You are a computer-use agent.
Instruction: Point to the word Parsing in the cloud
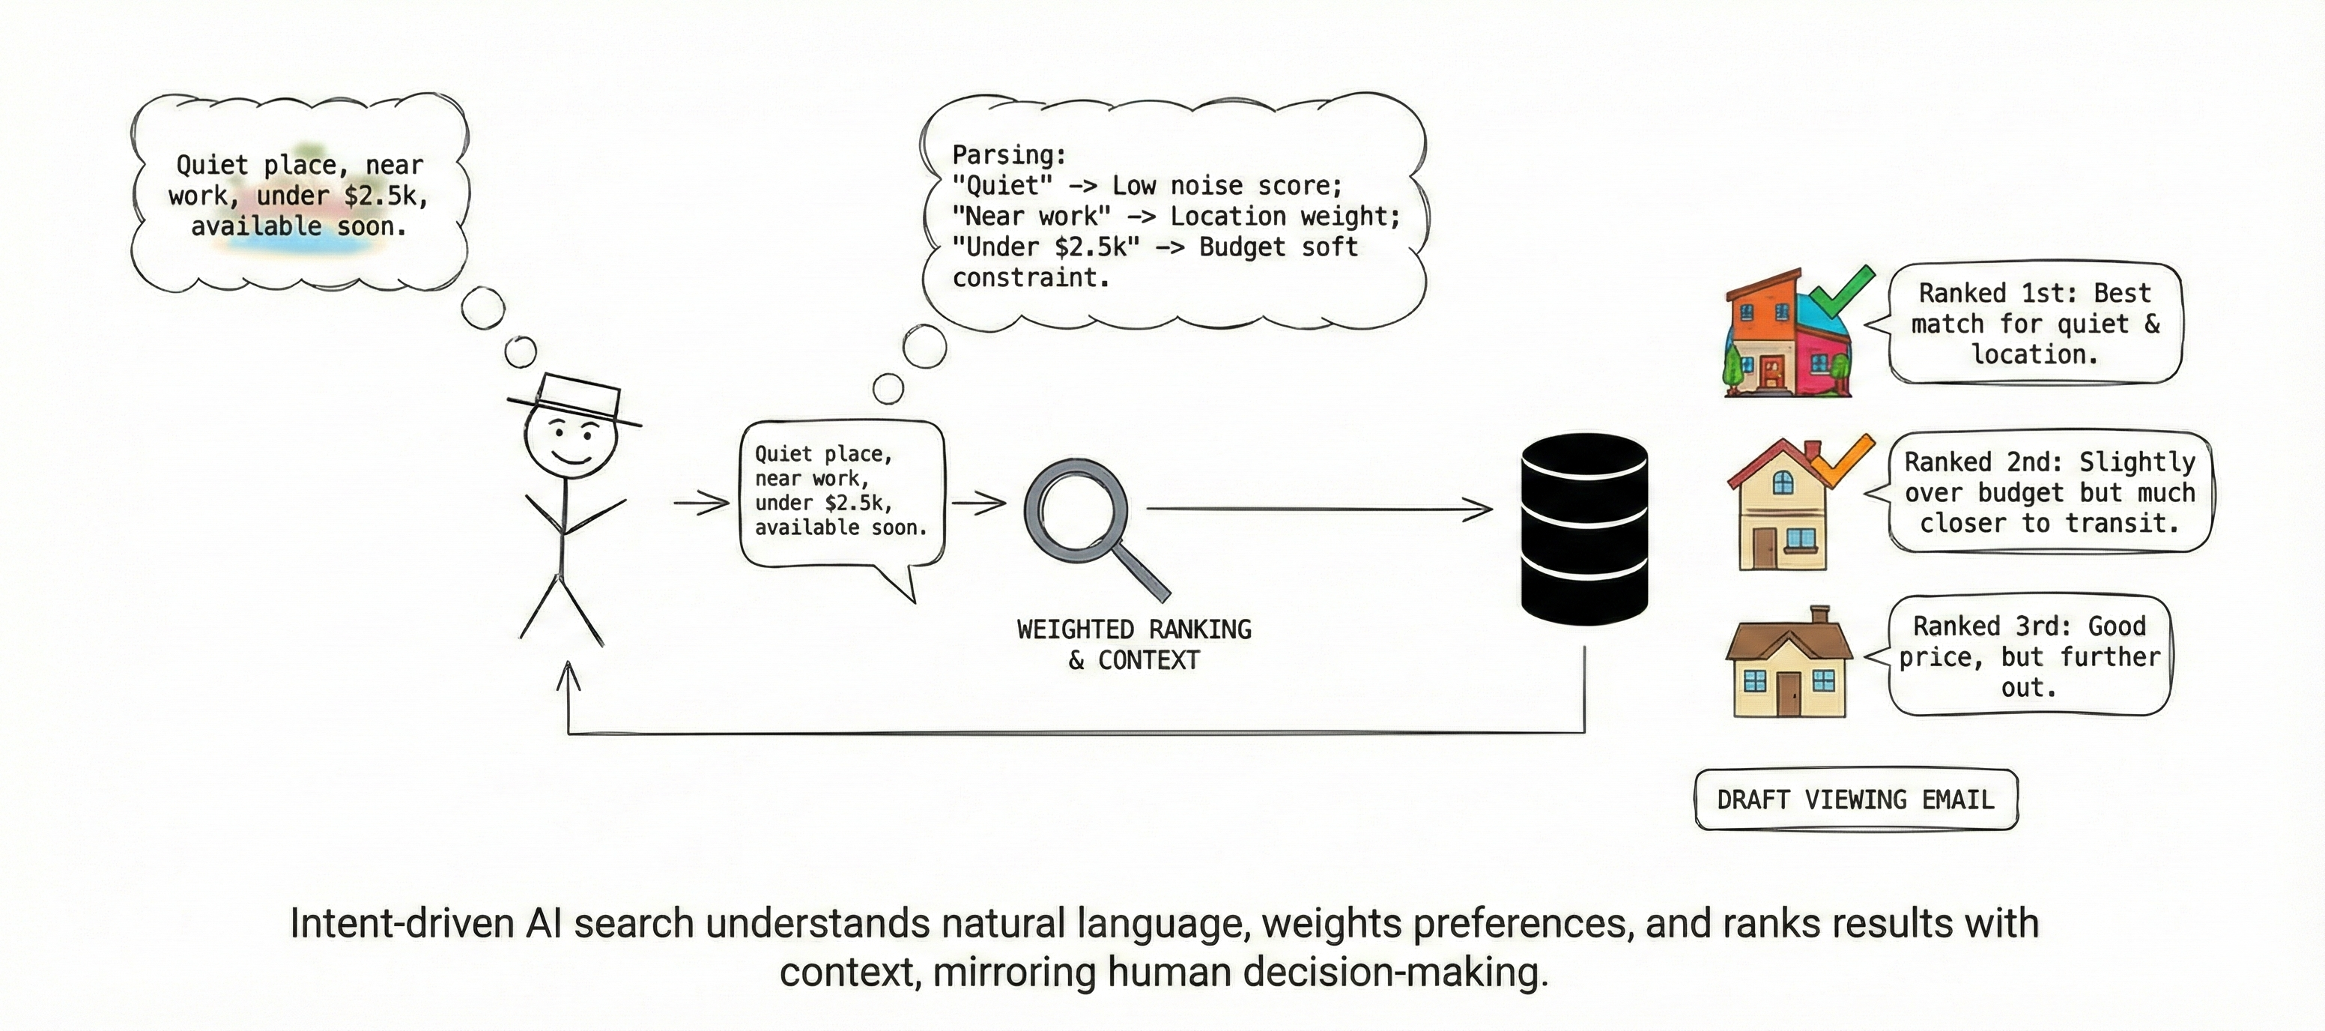(1009, 154)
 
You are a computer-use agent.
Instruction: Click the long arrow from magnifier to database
(1318, 510)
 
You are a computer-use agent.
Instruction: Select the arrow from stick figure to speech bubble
(701, 502)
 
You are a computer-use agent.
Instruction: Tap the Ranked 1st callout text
(2034, 323)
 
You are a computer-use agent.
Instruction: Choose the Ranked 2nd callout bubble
(2049, 492)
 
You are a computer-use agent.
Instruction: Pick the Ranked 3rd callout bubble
(2029, 656)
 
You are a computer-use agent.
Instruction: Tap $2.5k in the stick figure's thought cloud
(380, 195)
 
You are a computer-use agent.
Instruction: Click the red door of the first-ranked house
(1771, 372)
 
